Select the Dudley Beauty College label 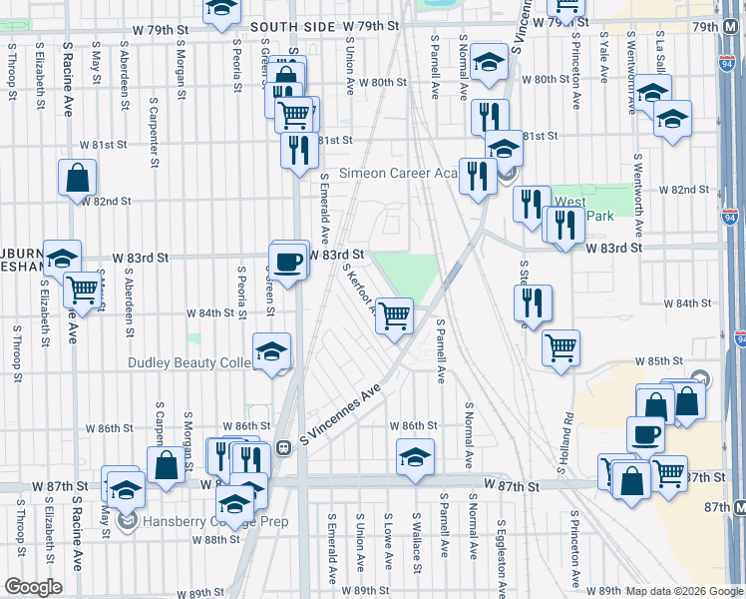189,362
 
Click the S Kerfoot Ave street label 359,287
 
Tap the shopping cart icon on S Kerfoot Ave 396,315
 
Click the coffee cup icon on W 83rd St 289,261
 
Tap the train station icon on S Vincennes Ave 283,447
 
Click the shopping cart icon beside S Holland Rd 560,347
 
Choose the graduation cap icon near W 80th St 489,63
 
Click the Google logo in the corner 33,587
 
